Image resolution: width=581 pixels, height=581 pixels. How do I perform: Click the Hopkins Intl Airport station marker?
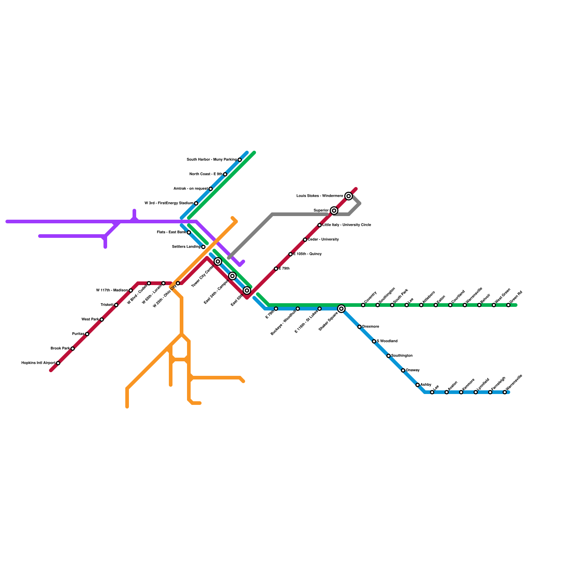[58, 363]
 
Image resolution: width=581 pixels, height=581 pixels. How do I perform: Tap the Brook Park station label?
[60, 349]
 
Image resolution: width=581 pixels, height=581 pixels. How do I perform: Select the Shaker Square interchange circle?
[341, 309]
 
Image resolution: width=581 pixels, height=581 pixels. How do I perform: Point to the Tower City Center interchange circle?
[218, 261]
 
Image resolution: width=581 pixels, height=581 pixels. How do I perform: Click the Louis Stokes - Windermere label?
[320, 196]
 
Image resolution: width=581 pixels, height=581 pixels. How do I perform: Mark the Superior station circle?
[334, 211]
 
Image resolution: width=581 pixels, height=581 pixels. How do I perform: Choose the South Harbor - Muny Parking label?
[211, 160]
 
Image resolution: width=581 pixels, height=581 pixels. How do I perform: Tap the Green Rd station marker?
[508, 305]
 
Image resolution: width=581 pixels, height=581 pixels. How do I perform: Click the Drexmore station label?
[371, 327]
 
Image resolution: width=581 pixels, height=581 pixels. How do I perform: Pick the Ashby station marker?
[418, 385]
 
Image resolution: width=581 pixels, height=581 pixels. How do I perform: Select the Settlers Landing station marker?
[203, 247]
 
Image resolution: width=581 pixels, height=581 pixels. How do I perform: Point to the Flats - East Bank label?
[171, 232]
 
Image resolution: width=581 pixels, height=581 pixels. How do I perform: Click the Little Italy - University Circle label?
[347, 225]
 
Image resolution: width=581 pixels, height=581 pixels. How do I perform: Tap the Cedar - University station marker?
[305, 240]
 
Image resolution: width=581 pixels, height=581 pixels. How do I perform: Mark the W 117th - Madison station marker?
[131, 290]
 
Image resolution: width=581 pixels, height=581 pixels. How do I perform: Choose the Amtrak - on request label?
[190, 189]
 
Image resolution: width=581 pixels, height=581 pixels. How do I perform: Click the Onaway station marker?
[403, 370]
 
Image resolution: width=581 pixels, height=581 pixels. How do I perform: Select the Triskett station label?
[107, 305]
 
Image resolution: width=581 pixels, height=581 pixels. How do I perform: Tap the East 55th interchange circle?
[247, 290]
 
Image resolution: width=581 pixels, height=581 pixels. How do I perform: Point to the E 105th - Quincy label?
[307, 254]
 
